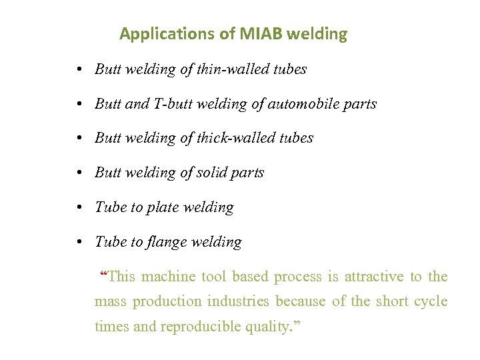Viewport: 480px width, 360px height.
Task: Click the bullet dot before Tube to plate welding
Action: click(79, 208)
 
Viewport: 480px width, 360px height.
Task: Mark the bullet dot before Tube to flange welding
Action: click(79, 243)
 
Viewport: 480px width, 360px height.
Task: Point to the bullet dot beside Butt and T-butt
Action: click(79, 105)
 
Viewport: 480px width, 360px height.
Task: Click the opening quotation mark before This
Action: click(103, 274)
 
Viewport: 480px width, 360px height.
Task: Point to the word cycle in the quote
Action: click(430, 301)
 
